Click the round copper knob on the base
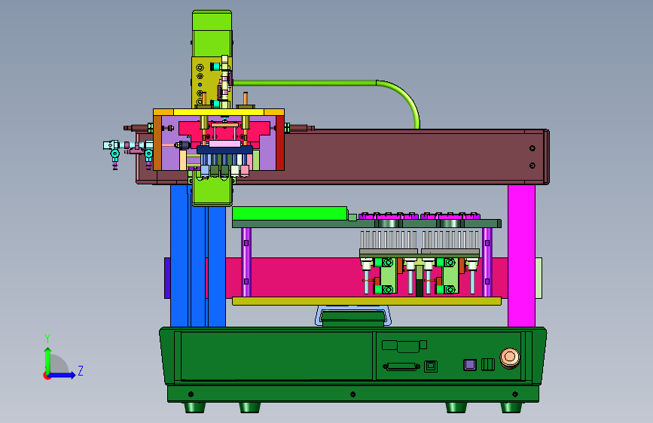click(x=510, y=358)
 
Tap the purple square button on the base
click(x=470, y=365)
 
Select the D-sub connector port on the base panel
click(x=401, y=367)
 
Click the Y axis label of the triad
click(x=47, y=338)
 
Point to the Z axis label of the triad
click(x=81, y=370)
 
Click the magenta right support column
click(x=521, y=255)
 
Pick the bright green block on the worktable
click(x=290, y=213)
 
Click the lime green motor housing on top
click(x=212, y=33)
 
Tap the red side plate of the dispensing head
click(x=280, y=143)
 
